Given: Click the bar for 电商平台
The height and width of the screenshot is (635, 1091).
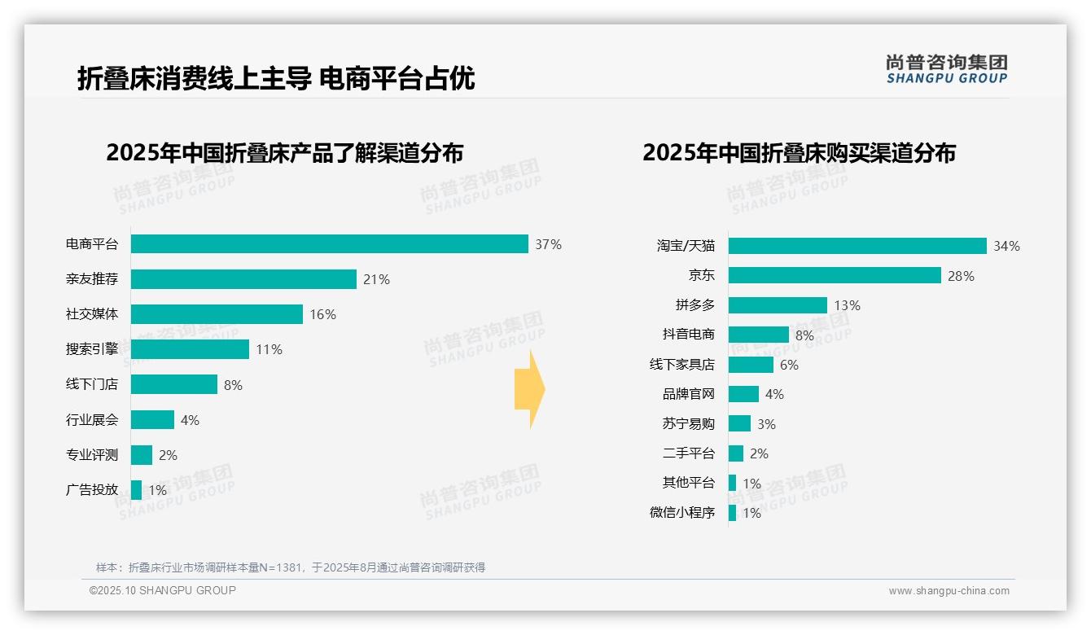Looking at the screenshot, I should point(329,244).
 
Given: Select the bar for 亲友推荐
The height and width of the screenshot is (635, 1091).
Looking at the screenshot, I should point(243,279).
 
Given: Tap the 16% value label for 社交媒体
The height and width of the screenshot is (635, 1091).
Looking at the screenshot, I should point(322,314).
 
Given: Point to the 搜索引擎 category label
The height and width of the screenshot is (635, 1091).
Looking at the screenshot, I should point(91,349).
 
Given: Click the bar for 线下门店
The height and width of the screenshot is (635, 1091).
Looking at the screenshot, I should point(174,384).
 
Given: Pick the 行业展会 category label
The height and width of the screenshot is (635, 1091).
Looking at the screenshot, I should point(91,420).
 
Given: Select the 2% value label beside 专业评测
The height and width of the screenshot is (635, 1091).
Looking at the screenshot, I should point(168,455).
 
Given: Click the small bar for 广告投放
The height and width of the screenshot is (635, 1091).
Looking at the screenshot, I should point(136,490).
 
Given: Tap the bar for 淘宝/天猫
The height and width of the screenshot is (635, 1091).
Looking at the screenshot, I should point(857,246).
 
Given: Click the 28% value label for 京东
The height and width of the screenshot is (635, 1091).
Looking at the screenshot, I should point(961,276).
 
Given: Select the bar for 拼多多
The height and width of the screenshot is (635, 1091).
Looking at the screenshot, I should point(778,305).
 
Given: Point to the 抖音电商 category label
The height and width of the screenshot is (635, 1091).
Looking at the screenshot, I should point(688,335).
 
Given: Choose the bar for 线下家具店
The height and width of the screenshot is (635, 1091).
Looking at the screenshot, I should point(751,365).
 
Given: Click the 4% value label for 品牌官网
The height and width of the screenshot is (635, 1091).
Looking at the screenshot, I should point(774,394).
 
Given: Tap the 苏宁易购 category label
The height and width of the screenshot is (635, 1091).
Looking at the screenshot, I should point(688,424).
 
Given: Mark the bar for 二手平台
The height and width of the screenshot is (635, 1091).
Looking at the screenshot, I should point(736,453).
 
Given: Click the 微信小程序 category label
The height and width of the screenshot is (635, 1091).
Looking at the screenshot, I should point(681,513).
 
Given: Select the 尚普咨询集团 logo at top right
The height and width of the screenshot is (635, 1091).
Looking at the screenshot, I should point(946,68).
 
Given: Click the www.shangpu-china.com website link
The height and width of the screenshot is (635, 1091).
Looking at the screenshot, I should point(949,591).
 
